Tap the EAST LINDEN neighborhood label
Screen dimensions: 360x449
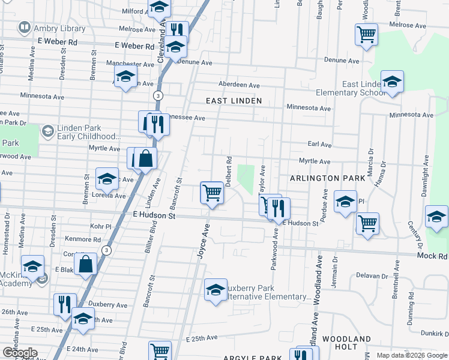[234, 101]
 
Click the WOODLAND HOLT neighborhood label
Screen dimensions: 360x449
[346, 343]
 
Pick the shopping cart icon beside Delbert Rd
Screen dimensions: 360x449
[211, 193]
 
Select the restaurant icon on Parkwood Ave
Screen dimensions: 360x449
[279, 208]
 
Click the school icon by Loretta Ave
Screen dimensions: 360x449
[107, 178]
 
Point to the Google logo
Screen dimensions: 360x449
[20, 353]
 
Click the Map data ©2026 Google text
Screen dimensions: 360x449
[411, 355]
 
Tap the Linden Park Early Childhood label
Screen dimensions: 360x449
[89, 132]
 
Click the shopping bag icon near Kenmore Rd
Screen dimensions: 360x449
[86, 263]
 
